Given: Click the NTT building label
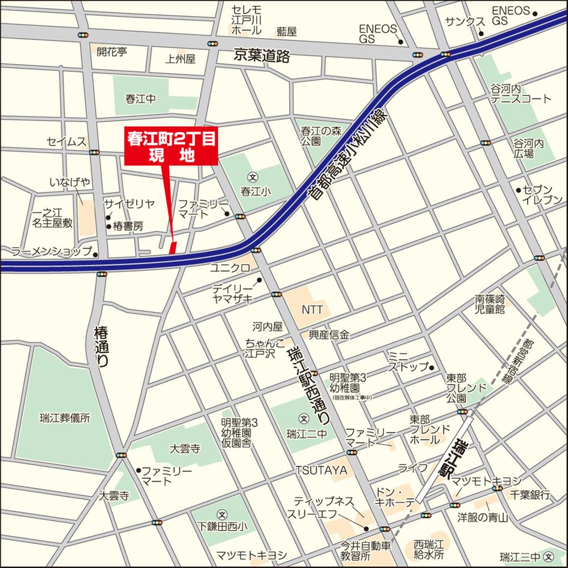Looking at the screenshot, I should click(312, 310).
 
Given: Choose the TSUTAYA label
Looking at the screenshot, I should click(321, 470).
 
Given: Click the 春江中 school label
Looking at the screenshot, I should click(140, 98).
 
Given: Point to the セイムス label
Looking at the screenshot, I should click(66, 141).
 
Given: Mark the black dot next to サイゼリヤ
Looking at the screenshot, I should click(108, 216).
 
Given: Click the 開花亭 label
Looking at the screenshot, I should click(112, 52).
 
